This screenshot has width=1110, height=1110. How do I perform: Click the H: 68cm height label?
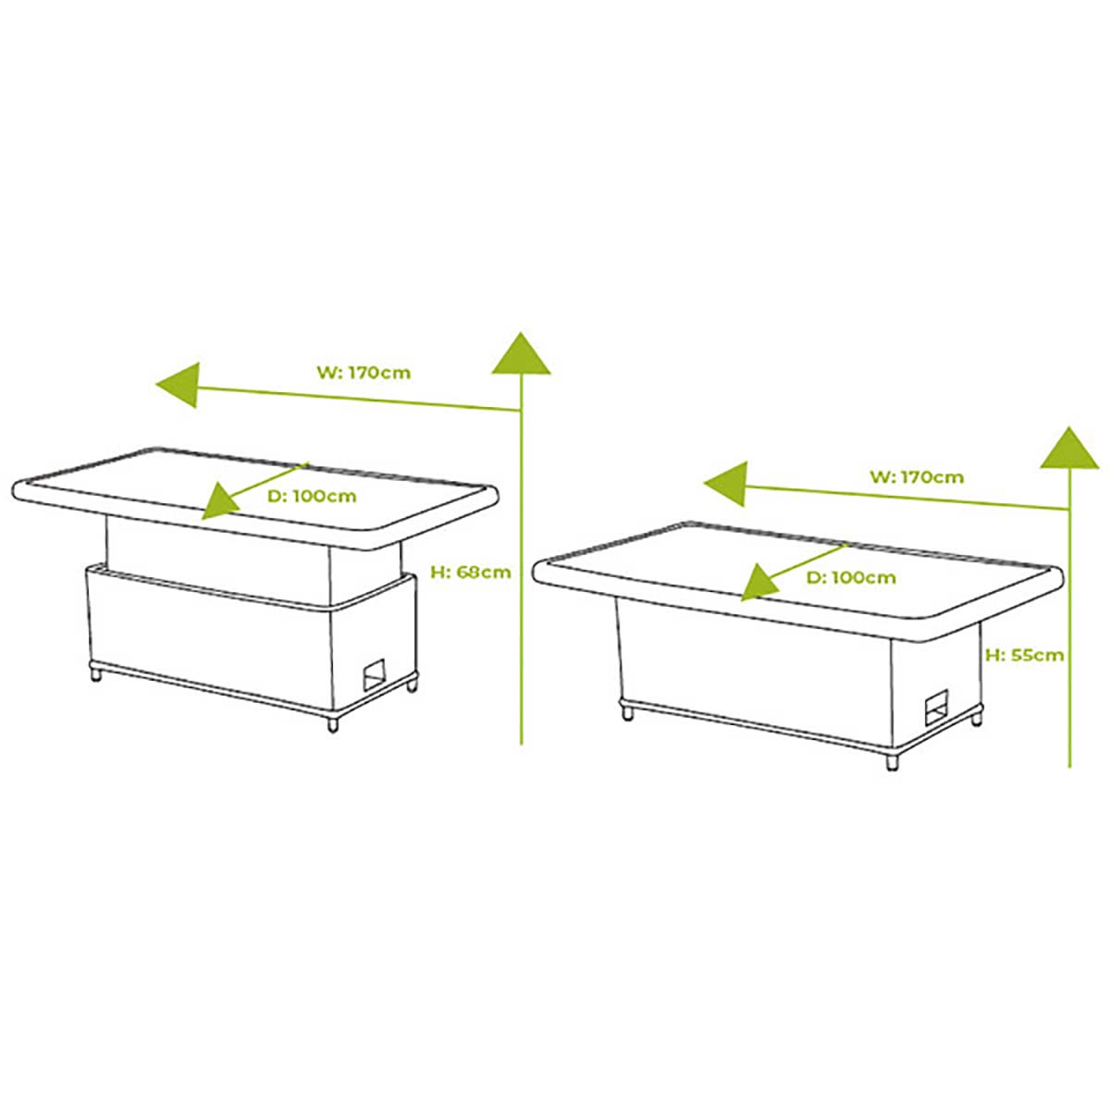point(471,573)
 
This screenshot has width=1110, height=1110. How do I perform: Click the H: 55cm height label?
point(1024,655)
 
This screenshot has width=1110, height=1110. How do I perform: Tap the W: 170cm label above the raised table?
point(364,373)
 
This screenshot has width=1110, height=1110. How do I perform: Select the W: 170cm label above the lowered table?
point(917,477)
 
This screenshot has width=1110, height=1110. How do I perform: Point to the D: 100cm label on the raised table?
point(312,496)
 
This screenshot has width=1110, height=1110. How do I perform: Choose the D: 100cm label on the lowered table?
point(851,577)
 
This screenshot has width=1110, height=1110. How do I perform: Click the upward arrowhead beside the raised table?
point(522,354)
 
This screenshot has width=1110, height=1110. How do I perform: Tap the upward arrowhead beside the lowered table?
point(1069,448)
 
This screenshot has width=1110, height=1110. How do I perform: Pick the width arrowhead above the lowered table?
point(727,485)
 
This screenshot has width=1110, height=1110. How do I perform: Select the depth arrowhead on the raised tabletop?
point(219,502)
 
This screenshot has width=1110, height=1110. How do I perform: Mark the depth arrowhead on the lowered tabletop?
point(758,584)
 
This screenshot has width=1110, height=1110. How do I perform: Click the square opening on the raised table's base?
point(375,674)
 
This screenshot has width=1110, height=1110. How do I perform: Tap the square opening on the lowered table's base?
point(936,708)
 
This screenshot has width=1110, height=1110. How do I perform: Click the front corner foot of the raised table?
point(332,724)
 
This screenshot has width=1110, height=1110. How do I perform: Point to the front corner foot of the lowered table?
point(893,762)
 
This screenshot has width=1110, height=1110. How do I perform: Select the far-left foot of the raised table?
point(96,674)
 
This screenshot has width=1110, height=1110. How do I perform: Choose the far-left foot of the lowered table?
point(627,712)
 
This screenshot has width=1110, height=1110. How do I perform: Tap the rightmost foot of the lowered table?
point(976,720)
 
